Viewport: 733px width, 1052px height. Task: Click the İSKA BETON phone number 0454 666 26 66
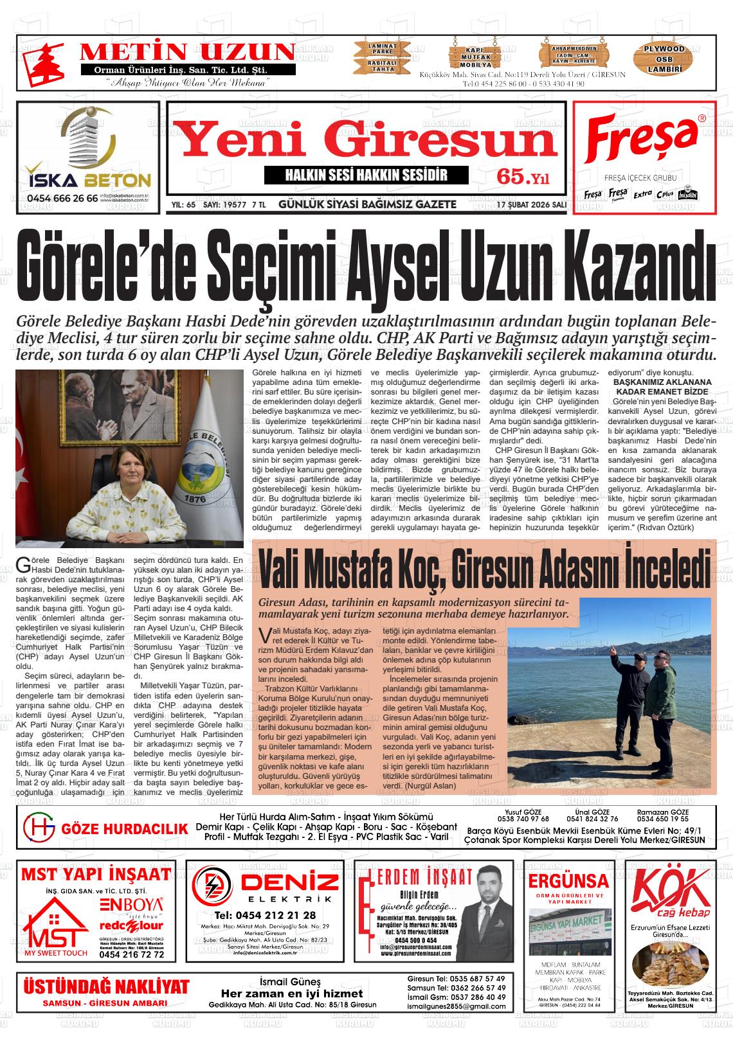click(62, 199)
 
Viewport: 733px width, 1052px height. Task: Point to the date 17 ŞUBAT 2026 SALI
click(531, 204)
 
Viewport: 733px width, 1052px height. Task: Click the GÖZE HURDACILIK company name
click(124, 829)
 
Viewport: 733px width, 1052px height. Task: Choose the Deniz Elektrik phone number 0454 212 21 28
click(266, 915)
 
